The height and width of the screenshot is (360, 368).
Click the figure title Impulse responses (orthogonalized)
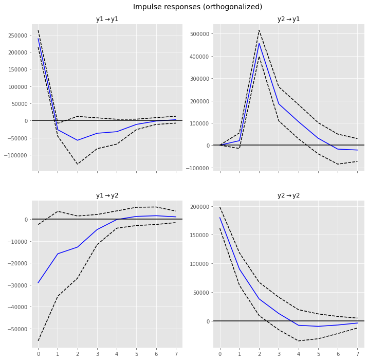197,7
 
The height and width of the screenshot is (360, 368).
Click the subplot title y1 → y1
107,20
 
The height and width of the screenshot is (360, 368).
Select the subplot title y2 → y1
288,20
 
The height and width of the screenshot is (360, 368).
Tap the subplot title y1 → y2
107,196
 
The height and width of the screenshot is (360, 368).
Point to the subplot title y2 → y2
288,196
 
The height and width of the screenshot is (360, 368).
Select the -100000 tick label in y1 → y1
15,155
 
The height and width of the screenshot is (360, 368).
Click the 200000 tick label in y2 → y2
198,207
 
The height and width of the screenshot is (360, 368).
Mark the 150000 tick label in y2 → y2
198,235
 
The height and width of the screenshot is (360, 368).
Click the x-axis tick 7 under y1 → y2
176,354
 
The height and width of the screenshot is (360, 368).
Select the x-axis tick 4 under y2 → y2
299,354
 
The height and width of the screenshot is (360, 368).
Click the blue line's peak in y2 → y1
259,43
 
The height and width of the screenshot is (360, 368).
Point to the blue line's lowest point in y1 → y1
78,140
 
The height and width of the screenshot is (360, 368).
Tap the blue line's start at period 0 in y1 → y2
38,283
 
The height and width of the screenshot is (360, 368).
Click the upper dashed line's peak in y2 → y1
259,30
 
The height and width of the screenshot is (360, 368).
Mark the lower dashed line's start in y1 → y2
38,340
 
